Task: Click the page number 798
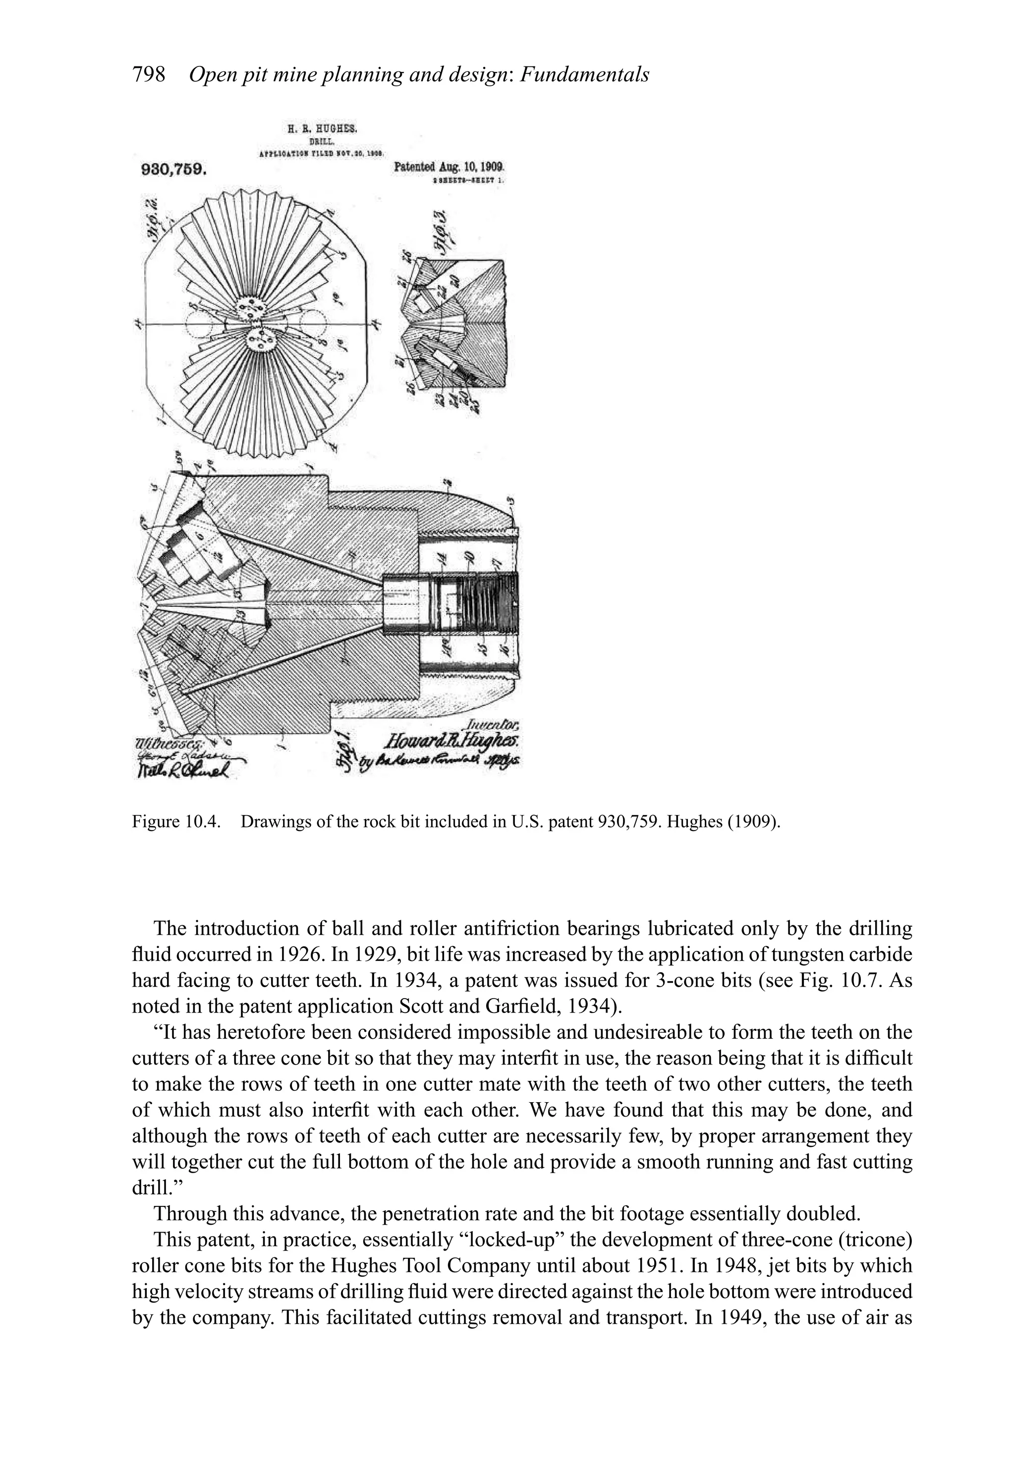click(x=148, y=75)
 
